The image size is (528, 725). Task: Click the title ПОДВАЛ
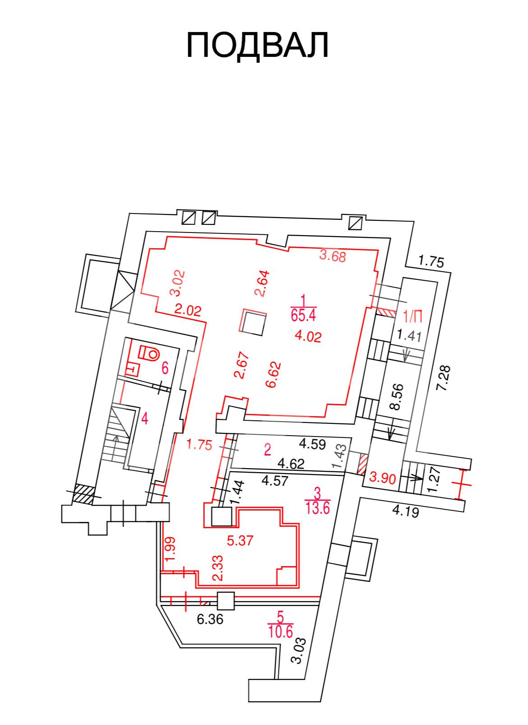pos(258,45)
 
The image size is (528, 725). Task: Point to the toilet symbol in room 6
pos(148,353)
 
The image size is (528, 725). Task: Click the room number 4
pos(144,420)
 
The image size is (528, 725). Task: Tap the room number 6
pos(165,368)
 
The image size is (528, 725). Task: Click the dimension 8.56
pos(397,397)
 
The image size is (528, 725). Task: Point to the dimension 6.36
pos(210,619)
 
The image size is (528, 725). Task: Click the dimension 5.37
pos(240,540)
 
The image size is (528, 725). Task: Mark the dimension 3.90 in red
pos(383,478)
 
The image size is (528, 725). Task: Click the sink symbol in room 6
pos(132,369)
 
